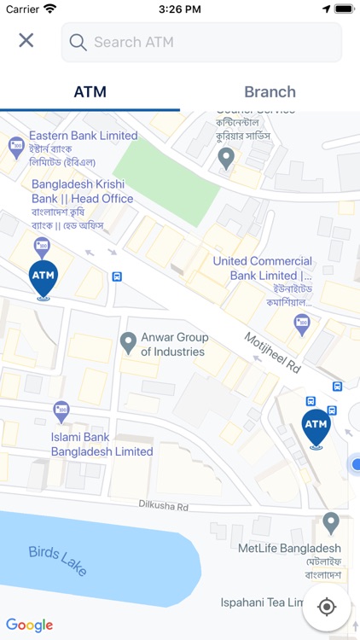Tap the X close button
[26, 40]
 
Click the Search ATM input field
[201, 42]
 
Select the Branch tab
[270, 92]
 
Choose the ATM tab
[90, 92]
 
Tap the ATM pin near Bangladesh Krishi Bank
[43, 278]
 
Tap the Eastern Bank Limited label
[83, 136]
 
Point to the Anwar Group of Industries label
[173, 344]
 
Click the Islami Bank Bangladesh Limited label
[102, 444]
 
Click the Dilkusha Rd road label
[163, 505]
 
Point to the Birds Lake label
[57, 561]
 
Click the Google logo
[30, 625]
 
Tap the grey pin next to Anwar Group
[128, 342]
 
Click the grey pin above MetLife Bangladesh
[331, 522]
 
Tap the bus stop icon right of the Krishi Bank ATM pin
[116, 276]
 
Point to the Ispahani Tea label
[263, 602]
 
